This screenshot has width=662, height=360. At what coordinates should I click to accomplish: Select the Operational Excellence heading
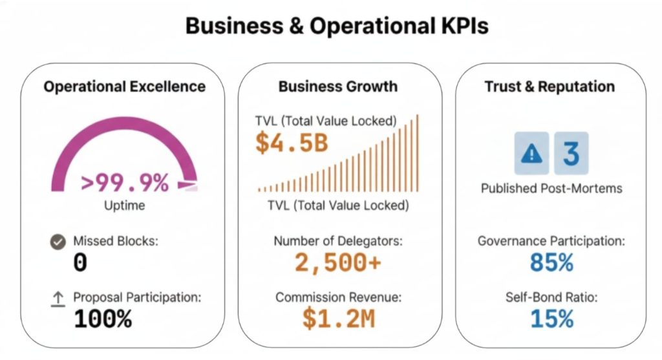pyautogui.click(x=125, y=87)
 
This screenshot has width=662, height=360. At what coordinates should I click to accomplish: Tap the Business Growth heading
pyautogui.click(x=338, y=87)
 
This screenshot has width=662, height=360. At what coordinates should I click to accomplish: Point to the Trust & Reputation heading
pyautogui.click(x=550, y=87)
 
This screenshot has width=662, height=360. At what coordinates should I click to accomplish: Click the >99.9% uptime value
pyautogui.click(x=125, y=184)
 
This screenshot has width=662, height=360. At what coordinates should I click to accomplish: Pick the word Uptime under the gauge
pyautogui.click(x=125, y=206)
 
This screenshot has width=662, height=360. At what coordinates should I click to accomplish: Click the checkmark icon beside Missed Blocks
pyautogui.click(x=58, y=242)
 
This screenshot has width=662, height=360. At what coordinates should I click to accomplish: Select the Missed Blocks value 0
pyautogui.click(x=80, y=263)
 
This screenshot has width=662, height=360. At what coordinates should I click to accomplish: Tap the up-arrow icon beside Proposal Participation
pyautogui.click(x=58, y=298)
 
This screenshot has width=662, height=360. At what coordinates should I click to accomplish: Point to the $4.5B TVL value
pyautogui.click(x=292, y=143)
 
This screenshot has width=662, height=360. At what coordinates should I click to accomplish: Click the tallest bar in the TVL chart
pyautogui.click(x=418, y=153)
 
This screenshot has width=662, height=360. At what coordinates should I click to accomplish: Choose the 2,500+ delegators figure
pyautogui.click(x=338, y=263)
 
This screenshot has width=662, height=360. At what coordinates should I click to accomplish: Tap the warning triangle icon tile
pyautogui.click(x=531, y=153)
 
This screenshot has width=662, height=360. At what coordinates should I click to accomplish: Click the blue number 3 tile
pyautogui.click(x=571, y=153)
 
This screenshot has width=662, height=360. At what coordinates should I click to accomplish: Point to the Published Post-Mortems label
pyautogui.click(x=551, y=189)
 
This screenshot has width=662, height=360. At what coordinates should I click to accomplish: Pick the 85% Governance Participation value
pyautogui.click(x=551, y=263)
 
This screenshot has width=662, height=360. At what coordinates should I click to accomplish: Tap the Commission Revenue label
pyautogui.click(x=338, y=297)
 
